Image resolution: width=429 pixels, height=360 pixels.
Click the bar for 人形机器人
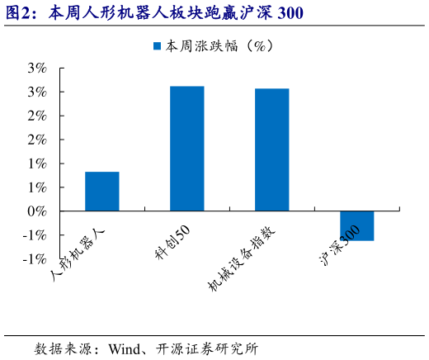102,192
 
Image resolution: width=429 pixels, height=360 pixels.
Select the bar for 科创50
187,149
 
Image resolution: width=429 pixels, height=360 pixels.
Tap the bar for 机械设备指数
272,149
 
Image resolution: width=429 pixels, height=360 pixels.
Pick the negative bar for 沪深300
357,225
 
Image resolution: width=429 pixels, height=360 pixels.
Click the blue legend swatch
157,47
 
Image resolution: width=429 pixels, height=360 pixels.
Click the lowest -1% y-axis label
34,259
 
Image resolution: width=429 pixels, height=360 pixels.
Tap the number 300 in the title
291,13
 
